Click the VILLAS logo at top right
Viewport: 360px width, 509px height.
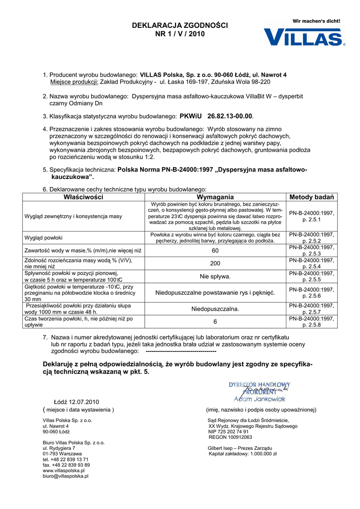(304, 37)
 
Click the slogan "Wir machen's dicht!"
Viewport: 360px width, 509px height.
(317, 21)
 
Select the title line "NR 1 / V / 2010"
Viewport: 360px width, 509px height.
(180, 34)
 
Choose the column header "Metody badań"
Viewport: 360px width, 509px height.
(312, 197)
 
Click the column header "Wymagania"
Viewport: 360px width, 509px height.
(215, 197)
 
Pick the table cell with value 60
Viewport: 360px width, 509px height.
(215, 251)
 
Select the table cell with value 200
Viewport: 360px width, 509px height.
(215, 263)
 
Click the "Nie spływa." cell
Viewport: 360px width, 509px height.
(215, 276)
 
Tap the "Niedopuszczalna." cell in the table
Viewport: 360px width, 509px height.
(215, 309)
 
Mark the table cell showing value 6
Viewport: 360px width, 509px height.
(215, 322)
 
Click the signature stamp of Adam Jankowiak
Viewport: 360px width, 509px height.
(260, 392)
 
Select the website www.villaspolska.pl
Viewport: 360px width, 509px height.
(64, 470)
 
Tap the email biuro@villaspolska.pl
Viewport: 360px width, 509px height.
(66, 476)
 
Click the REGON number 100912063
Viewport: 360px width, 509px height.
(230, 437)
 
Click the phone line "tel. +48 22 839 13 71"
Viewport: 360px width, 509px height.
(66, 459)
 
